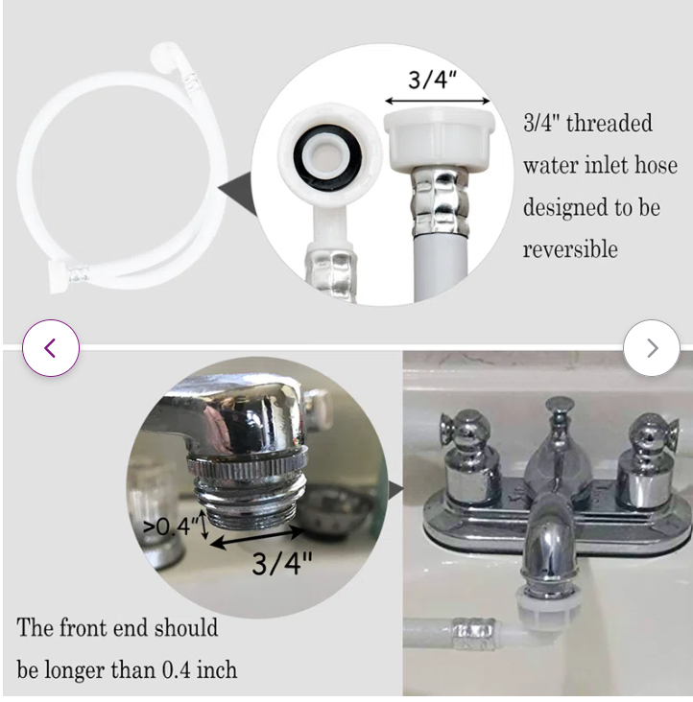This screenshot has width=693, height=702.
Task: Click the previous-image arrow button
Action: click(51, 348)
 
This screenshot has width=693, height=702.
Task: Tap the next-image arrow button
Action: click(652, 348)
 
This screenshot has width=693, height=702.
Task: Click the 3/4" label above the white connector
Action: click(432, 80)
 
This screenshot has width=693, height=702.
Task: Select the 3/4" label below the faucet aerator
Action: click(282, 563)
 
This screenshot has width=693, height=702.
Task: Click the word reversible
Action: click(570, 249)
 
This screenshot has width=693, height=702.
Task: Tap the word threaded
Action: click(609, 123)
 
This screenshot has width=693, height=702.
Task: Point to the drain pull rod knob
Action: click(560, 405)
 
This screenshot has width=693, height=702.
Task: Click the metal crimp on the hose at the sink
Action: click(474, 633)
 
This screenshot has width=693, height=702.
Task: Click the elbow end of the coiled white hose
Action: click(169, 59)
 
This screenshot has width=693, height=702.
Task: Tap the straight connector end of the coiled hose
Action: click(68, 276)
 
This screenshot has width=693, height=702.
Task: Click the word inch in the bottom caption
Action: click(217, 669)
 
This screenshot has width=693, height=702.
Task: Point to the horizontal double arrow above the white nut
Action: click(438, 101)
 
